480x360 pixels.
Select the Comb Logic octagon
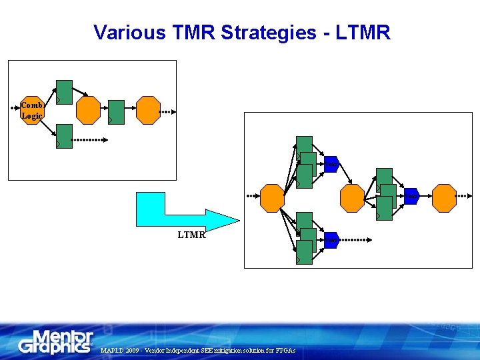32,111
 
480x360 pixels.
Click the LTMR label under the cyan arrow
191,235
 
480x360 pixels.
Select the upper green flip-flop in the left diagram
64,92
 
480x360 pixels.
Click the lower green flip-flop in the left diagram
64,136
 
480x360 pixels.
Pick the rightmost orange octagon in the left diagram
148,110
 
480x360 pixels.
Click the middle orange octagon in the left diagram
89,110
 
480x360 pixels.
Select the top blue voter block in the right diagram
331,165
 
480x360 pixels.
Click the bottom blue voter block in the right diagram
331,240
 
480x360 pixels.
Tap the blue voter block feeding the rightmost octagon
411,197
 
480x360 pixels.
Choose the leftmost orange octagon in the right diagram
272,198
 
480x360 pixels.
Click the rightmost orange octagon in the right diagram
444,197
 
